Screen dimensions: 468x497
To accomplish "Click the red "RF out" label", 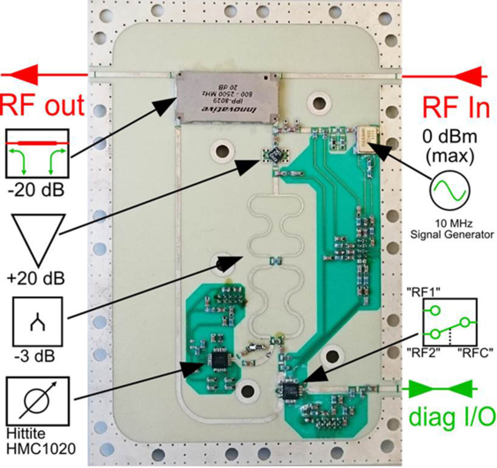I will click(x=42, y=105).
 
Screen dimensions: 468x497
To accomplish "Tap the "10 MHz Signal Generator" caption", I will click(x=451, y=230).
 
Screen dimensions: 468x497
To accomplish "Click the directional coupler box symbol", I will click(x=37, y=153).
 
